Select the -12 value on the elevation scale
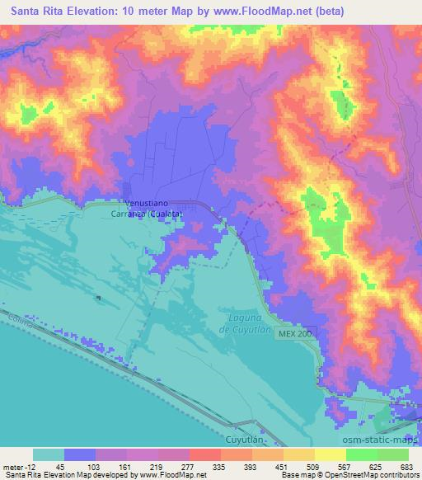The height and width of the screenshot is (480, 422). (30, 466)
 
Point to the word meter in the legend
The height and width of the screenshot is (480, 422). (12, 466)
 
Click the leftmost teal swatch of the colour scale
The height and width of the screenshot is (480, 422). (49, 454)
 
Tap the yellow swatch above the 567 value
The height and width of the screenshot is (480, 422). (331, 454)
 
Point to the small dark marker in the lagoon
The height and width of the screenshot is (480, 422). (97, 298)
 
